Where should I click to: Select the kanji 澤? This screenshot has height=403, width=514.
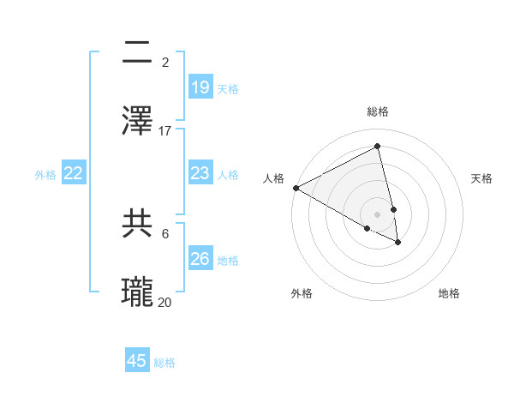pos(138,119)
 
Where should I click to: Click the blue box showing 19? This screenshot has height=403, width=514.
pos(200,87)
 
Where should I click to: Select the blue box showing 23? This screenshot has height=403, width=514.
pos(200,173)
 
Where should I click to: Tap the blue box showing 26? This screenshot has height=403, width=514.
pos(200,259)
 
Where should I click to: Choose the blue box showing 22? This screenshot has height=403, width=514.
pos(74,173)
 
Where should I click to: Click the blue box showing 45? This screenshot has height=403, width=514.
pos(137,361)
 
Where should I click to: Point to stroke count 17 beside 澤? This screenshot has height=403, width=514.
pos(165,131)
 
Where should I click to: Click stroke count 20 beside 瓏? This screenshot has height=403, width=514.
pos(165,302)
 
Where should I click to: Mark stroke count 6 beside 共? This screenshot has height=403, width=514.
pos(164,233)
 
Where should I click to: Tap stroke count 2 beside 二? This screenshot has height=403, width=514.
pos(164,62)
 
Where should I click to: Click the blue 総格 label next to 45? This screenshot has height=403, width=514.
pos(164,363)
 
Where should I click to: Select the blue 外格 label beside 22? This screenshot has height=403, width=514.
pos(45,174)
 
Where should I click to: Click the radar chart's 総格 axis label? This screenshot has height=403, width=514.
pos(378,111)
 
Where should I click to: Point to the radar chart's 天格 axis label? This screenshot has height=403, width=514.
pos(481,178)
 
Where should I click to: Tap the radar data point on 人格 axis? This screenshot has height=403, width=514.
pos(296,188)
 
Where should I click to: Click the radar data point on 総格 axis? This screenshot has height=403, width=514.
pos(378,147)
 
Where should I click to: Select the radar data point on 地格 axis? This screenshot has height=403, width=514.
pos(398,243)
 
